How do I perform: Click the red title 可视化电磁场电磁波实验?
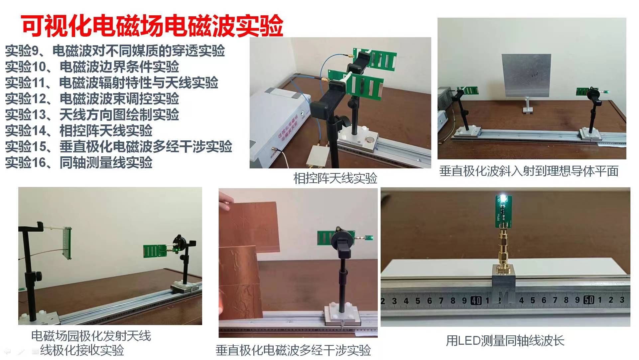click(x=152, y=25)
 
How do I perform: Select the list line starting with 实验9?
click(x=115, y=51)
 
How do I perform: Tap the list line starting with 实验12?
click(x=92, y=98)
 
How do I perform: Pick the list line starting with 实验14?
click(x=79, y=130)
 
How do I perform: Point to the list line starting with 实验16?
click(x=79, y=162)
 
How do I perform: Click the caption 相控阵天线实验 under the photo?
click(x=335, y=178)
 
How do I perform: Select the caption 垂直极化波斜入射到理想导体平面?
click(x=529, y=171)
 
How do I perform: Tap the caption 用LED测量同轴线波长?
click(x=505, y=340)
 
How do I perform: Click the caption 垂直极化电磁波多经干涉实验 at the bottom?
click(x=293, y=350)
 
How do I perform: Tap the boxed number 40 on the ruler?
click(x=476, y=301)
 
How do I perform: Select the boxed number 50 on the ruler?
click(x=589, y=300)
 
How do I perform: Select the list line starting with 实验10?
click(x=92, y=67)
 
